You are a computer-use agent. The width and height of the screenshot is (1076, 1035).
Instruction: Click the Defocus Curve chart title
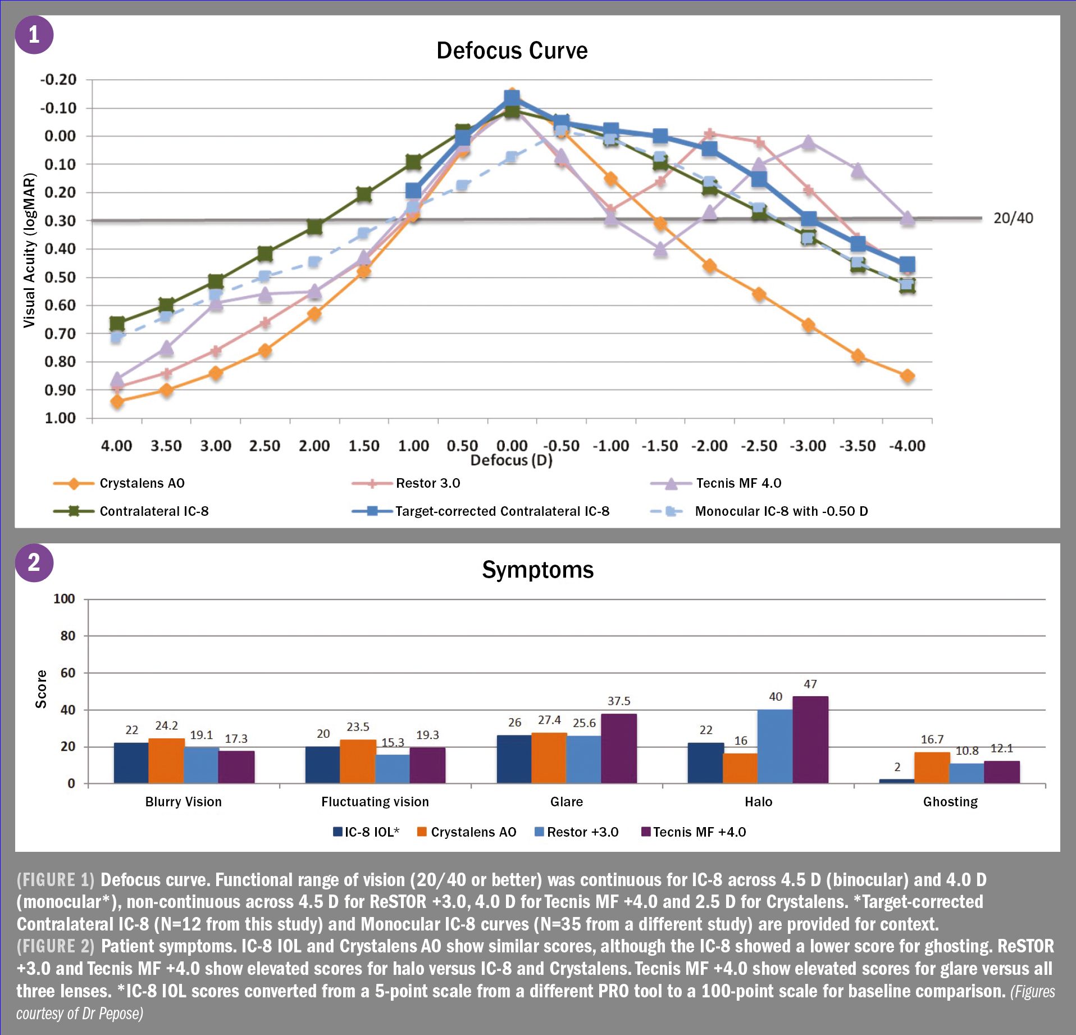click(512, 51)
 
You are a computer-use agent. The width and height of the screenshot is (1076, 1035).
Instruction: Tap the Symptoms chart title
click(537, 570)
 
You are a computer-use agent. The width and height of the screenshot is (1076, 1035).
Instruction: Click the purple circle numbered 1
click(34, 35)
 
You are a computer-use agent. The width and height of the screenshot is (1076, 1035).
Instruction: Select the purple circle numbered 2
click(34, 562)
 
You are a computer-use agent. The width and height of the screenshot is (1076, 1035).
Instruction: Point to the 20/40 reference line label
click(1013, 218)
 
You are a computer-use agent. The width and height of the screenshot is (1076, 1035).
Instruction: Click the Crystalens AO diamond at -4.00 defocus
click(907, 376)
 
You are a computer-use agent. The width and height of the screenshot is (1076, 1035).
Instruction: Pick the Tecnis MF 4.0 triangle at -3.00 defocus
click(808, 142)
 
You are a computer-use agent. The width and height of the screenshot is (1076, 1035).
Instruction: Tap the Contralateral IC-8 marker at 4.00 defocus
click(117, 324)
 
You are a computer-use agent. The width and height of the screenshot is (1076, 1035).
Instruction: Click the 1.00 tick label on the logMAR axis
click(60, 418)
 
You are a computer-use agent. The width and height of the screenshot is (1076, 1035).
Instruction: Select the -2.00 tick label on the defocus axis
click(709, 446)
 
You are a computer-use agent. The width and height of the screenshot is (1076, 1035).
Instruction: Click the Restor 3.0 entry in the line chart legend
click(427, 483)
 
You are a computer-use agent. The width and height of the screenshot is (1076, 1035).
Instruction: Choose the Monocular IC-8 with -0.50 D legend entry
click(781, 511)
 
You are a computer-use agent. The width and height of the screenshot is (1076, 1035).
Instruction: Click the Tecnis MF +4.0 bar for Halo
click(810, 739)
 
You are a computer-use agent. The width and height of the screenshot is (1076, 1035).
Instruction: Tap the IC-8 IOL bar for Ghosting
click(896, 780)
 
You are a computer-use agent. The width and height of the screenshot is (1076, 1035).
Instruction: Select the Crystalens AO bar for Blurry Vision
click(166, 761)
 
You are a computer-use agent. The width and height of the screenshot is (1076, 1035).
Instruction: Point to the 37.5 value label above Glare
click(618, 701)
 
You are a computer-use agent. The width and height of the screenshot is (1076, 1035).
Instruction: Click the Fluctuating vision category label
click(375, 802)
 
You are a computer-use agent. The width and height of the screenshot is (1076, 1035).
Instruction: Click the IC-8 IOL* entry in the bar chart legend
click(371, 832)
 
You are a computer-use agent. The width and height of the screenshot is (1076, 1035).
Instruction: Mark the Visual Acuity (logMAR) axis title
click(29, 250)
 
